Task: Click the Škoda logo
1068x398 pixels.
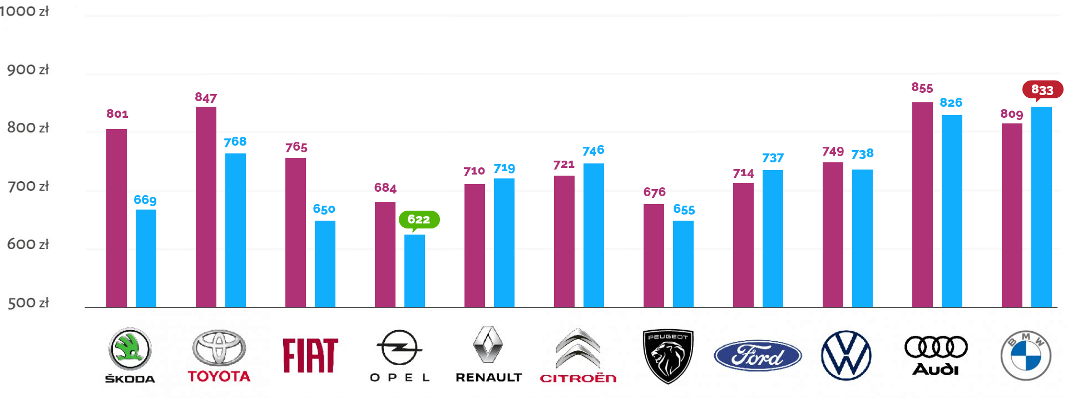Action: [x=130, y=355]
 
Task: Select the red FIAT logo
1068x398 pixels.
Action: [x=310, y=356]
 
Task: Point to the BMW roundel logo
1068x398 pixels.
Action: [x=1025, y=356]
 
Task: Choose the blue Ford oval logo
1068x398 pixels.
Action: [x=758, y=356]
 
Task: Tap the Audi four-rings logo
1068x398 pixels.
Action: [x=936, y=356]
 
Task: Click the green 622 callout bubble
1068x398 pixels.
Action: [x=419, y=220]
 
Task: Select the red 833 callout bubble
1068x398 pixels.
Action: [x=1042, y=89]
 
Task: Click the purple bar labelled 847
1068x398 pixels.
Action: [x=206, y=206]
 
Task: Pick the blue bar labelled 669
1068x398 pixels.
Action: [x=146, y=258]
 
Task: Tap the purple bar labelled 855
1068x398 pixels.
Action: [x=922, y=204]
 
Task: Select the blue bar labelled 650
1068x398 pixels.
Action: [x=325, y=263]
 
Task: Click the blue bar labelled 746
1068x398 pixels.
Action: [x=594, y=235]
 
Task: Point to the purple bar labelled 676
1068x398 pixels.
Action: [x=654, y=255]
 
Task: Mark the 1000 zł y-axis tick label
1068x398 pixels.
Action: [x=24, y=11]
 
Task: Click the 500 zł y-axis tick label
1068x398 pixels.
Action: [x=28, y=303]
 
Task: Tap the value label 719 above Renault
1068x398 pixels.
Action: [x=504, y=168]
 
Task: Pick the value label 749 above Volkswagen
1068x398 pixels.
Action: [x=833, y=151]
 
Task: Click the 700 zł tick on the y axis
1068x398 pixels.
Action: [x=28, y=186]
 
